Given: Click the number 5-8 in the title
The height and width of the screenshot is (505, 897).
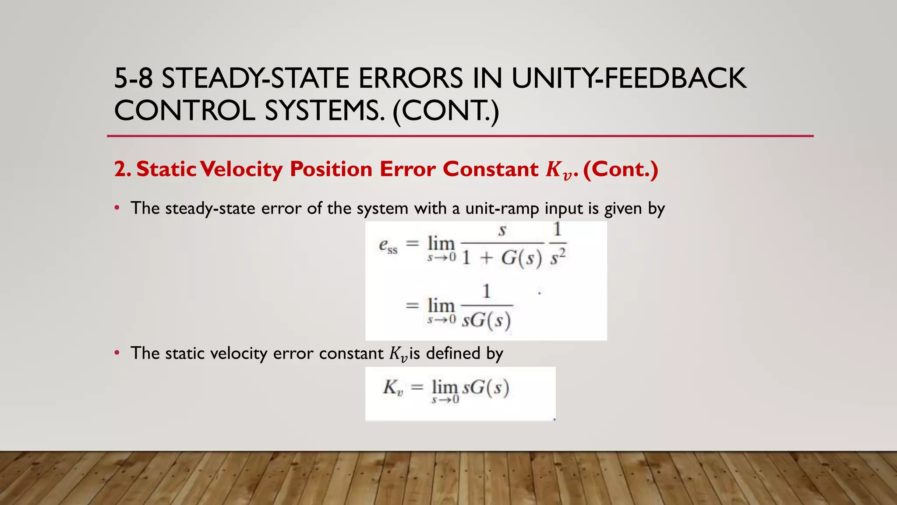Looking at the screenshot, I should click(x=133, y=79).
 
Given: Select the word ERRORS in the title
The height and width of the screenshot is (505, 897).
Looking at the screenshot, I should click(x=410, y=79).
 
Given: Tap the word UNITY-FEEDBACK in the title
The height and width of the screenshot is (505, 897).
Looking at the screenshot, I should click(x=629, y=79).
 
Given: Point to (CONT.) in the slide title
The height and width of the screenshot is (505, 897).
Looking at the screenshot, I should click(x=446, y=110).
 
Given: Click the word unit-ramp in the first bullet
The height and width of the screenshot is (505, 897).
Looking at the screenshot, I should click(x=502, y=208).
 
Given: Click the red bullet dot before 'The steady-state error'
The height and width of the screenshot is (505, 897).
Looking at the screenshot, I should click(x=117, y=208).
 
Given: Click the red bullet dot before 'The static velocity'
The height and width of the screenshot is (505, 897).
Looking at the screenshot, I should click(x=117, y=353).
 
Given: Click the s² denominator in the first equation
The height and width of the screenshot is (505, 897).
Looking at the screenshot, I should click(x=558, y=257).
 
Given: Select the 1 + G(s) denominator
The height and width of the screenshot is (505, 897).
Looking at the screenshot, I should click(x=502, y=258).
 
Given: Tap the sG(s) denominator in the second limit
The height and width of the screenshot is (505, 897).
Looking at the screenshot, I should click(x=487, y=320).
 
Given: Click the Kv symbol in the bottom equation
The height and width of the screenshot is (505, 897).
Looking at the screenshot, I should click(x=393, y=388).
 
